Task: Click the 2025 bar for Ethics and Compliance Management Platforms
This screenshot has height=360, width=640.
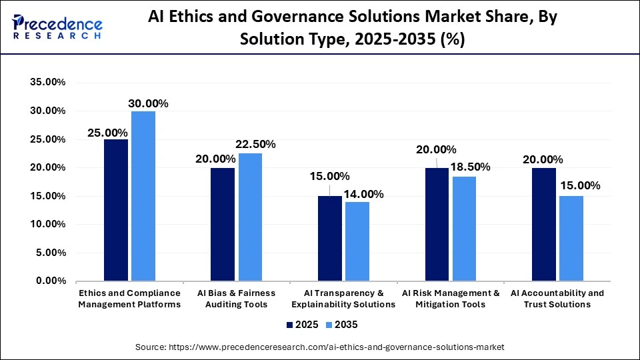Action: pyautogui.click(x=116, y=210)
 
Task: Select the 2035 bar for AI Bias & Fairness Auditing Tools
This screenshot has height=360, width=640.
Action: pyautogui.click(x=250, y=217)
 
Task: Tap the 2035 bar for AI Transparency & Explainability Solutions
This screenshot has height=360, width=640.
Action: pyautogui.click(x=357, y=241)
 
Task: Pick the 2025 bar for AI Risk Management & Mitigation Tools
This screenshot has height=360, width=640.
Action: pyautogui.click(x=437, y=224)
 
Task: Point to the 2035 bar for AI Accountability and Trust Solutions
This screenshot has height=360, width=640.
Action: pyautogui.click(x=571, y=239)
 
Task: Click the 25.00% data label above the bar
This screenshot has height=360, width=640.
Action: pyautogui.click(x=107, y=133)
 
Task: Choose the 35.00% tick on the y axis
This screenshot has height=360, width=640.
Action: pyautogui.click(x=47, y=83)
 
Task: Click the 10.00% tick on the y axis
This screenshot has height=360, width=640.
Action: pyautogui.click(x=47, y=225)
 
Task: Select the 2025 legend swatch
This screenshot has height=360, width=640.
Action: pyautogui.click(x=290, y=325)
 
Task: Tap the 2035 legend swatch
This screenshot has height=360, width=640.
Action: pyautogui.click(x=329, y=325)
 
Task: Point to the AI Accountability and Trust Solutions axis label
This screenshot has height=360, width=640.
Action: pyautogui.click(x=557, y=299)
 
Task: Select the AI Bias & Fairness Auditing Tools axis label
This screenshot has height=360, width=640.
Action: pyautogui.click(x=237, y=299)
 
